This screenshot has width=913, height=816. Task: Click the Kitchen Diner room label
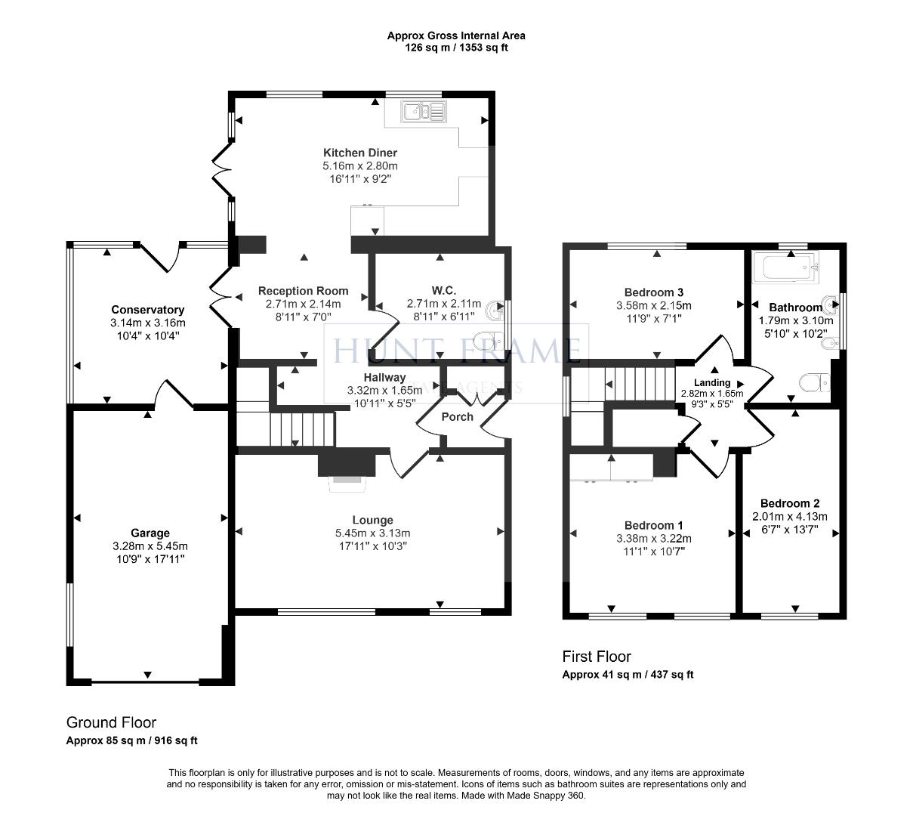pos(360,153)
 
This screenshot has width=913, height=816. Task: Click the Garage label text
pos(150,533)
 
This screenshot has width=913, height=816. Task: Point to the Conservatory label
pos(148,310)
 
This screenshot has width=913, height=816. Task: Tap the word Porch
pos(457,416)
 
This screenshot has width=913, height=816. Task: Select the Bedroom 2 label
pos(790,503)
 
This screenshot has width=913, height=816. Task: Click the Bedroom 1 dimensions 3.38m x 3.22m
pos(654,539)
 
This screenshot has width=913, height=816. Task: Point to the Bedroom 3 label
pos(654,292)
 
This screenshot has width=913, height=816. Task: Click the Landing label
pos(711,382)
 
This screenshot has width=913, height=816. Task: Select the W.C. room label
pos(443,290)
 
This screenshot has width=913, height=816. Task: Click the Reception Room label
pos(304,290)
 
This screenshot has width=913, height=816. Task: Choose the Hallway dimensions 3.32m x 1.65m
pos(384,391)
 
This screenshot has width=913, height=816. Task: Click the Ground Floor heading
pos(111,722)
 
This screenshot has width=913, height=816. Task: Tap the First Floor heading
pos(597,657)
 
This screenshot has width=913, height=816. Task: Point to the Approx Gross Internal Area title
pos(456,36)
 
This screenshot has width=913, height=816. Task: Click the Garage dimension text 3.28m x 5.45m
pos(150,546)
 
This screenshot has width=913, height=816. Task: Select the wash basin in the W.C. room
pos(496,308)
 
